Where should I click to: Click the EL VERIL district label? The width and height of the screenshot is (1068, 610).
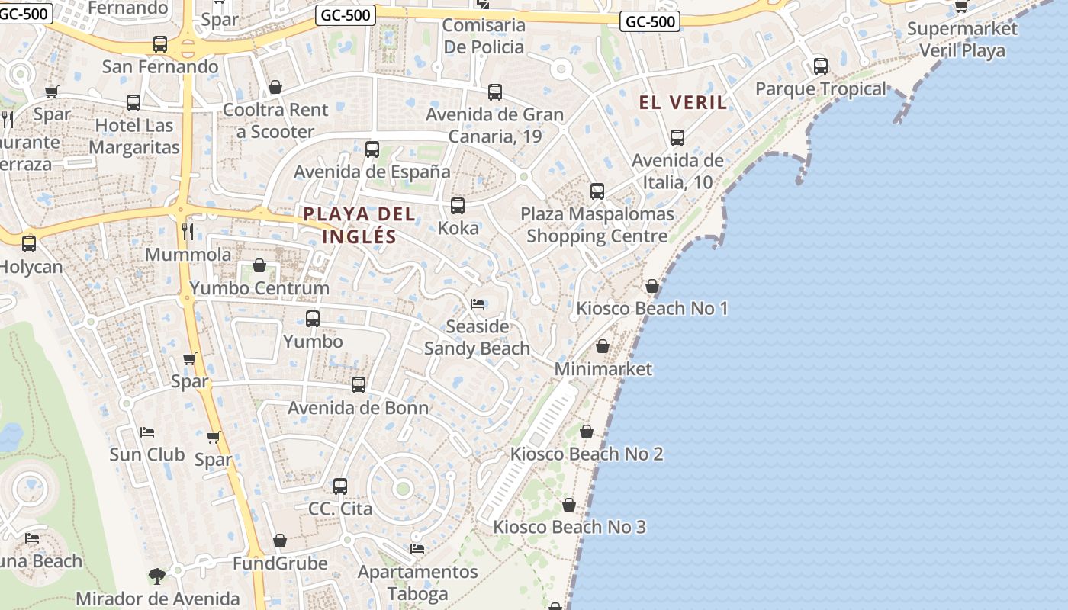coord(683,102)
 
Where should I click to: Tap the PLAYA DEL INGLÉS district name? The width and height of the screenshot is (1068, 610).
coord(359,225)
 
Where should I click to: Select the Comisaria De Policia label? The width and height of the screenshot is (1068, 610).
coord(484,36)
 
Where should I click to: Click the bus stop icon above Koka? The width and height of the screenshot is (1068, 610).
coord(458,206)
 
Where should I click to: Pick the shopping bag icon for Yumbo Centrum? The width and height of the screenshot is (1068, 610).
coord(259,265)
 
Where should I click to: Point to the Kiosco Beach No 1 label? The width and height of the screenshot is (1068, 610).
coord(652,308)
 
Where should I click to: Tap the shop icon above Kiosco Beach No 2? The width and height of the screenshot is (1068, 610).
coord(587,432)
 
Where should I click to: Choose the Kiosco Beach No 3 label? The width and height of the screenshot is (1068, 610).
coord(569,527)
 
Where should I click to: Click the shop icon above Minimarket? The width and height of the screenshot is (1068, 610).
coord(603,346)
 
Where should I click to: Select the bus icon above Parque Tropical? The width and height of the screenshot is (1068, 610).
coord(821,66)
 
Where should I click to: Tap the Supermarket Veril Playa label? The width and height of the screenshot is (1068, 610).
coord(962,40)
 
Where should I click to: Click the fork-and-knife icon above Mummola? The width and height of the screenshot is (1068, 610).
coord(188,231)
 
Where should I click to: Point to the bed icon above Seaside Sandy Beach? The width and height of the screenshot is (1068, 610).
coord(478,303)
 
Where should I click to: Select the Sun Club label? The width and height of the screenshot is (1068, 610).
coord(147,454)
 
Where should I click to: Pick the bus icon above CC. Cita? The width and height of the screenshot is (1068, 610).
coord(340,486)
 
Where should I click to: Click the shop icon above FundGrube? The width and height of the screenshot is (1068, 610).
coord(280,541)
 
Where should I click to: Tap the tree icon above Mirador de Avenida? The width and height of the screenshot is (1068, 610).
coord(157,576)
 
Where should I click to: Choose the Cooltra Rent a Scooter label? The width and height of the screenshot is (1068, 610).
coord(275,120)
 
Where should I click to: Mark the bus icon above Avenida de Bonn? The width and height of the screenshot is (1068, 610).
coord(359,385)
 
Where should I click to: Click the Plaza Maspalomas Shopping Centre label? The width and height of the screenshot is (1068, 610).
coord(597,225)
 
